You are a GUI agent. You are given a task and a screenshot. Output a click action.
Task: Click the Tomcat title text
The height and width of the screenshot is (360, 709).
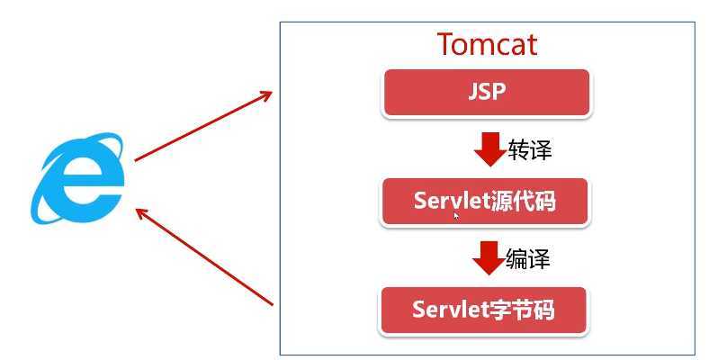487,44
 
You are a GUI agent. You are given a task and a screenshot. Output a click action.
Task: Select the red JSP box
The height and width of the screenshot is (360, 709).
487,93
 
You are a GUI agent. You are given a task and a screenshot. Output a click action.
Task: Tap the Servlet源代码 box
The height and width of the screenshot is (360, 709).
485,201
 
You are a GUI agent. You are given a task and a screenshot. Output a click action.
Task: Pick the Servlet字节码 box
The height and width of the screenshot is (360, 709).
484,310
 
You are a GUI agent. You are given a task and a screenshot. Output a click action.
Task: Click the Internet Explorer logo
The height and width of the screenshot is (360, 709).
79,178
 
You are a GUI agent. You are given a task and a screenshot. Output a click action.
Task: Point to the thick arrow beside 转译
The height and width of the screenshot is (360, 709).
489,149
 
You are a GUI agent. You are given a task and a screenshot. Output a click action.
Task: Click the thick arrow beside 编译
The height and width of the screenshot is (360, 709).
488,257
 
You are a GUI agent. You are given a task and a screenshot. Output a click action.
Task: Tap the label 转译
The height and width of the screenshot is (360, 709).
529,149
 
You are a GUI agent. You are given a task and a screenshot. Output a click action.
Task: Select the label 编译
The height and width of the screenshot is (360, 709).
527,259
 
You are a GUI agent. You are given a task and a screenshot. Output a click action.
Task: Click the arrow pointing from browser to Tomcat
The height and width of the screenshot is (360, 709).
202,125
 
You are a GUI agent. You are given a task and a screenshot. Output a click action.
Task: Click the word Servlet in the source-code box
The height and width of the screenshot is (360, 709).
452,201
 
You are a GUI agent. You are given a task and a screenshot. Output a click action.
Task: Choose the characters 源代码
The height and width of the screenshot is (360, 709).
524,201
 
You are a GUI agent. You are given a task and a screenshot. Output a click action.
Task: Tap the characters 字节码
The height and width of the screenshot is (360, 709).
522,310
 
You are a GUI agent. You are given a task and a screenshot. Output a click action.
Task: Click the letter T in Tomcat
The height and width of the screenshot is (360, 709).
446,44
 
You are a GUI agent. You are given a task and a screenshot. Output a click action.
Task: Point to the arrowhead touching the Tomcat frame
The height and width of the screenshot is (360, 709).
265,94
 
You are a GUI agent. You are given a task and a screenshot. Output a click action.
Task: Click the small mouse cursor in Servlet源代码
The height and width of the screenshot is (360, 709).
456,215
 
